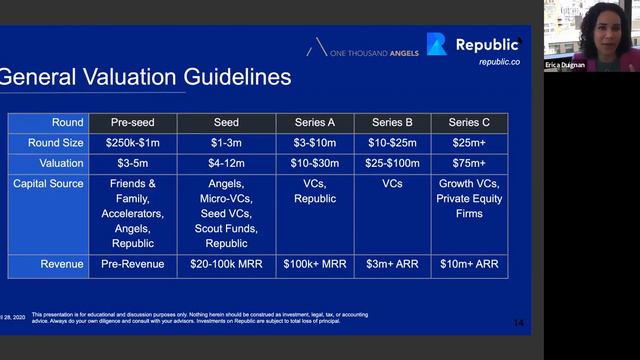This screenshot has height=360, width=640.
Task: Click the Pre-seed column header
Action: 133,123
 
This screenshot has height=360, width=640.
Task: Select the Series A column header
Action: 315,123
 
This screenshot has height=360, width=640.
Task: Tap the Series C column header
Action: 469,123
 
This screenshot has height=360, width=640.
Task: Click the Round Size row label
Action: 48,143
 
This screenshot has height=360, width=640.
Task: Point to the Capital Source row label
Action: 48,183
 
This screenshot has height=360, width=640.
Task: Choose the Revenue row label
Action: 48,266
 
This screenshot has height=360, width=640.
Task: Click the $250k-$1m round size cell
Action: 133,143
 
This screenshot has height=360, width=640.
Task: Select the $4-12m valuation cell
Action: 226,163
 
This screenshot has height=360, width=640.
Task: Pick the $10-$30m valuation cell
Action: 315,163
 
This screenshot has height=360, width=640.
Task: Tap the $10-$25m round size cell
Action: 392,143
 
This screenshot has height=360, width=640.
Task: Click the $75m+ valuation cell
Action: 469,163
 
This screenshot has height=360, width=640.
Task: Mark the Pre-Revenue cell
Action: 133,266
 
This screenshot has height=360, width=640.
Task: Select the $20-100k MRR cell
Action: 226,266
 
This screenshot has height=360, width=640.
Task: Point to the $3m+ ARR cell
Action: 392,266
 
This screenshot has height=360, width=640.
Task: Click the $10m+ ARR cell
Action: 469,266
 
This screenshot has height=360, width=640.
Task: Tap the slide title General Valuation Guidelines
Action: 146,77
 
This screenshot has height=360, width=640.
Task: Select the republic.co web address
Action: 499,61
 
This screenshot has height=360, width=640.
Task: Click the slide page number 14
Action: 517,322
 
